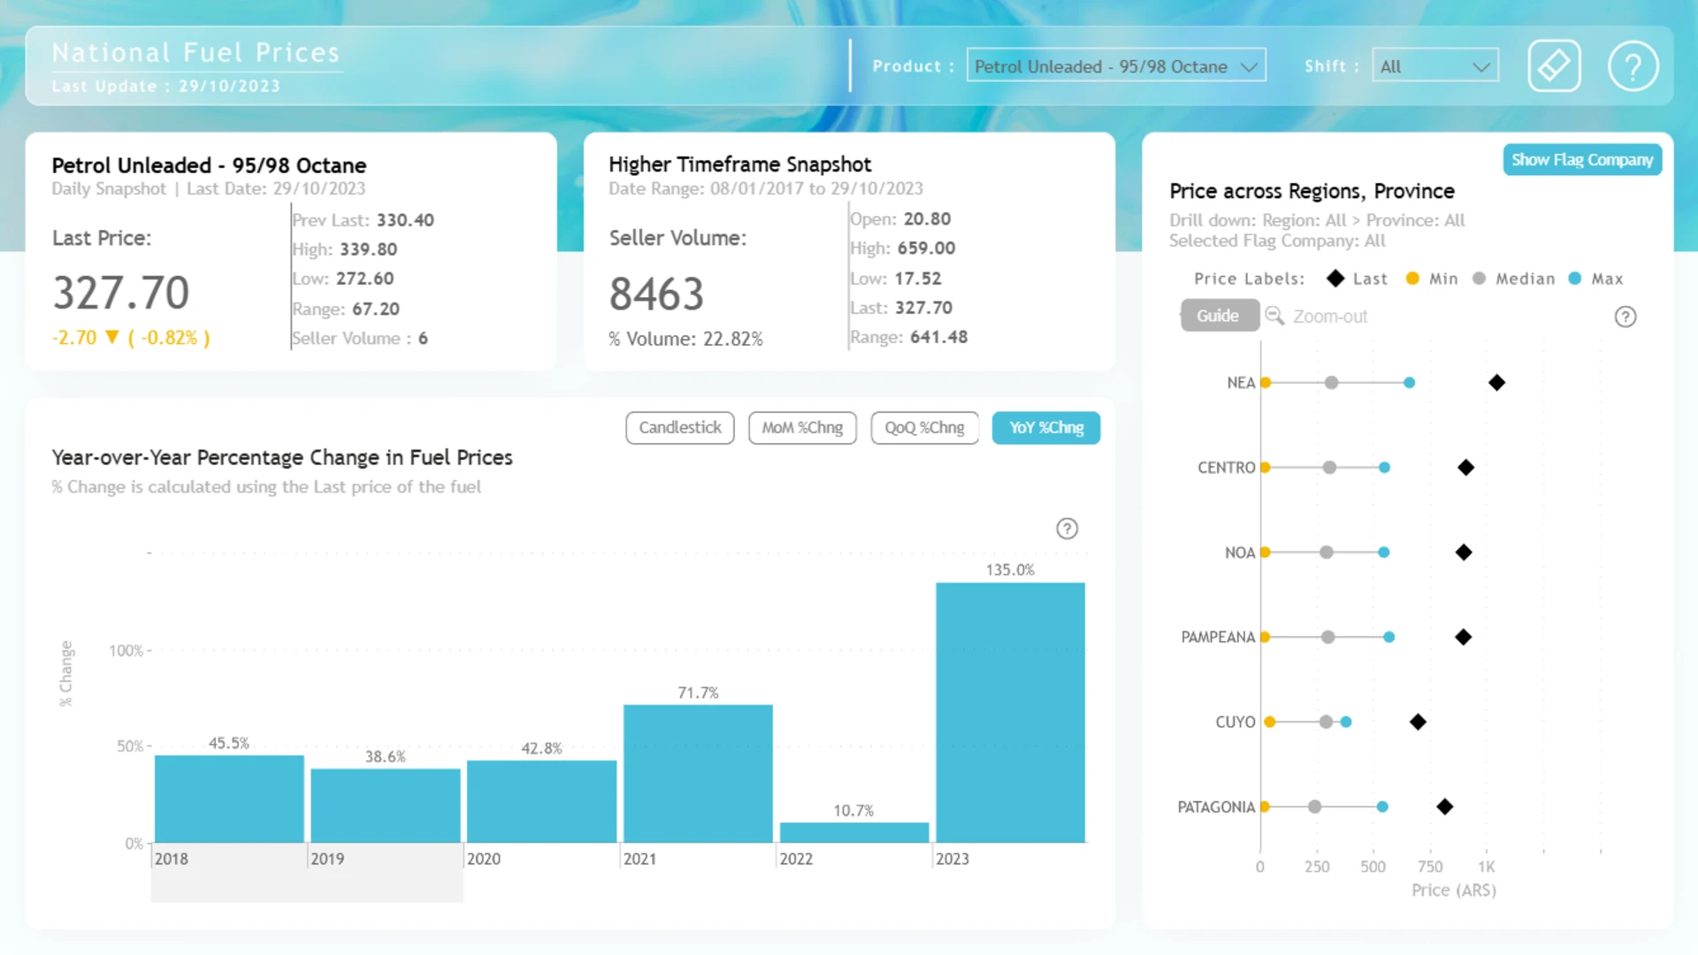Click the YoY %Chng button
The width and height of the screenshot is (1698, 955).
[x=1046, y=428]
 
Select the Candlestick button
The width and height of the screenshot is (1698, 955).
[x=680, y=428]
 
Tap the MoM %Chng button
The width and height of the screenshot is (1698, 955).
[x=802, y=428]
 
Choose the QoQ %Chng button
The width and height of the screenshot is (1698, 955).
[x=924, y=428]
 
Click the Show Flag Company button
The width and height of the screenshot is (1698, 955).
[x=1582, y=160]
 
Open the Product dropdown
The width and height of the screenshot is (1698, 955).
[x=1116, y=66]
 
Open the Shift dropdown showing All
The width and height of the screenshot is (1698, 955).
[x=1435, y=66]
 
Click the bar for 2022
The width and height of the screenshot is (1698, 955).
[x=854, y=832]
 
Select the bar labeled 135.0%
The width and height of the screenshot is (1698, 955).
[x=1010, y=713]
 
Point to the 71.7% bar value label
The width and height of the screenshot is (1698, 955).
[x=698, y=693]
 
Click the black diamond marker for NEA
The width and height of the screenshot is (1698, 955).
[x=1496, y=383]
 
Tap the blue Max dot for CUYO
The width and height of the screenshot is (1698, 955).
[x=1346, y=722]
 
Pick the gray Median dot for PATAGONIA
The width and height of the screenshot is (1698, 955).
[x=1315, y=807]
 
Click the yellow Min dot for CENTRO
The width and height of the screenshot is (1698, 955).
[x=1266, y=468]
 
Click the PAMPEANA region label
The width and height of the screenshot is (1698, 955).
[x=1218, y=638]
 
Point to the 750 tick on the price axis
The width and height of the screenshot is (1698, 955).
[x=1430, y=867]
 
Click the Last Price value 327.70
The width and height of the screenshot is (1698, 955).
[x=121, y=293]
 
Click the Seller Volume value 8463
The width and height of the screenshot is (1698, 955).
[x=656, y=294]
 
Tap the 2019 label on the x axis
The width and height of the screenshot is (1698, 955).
[x=327, y=859]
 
